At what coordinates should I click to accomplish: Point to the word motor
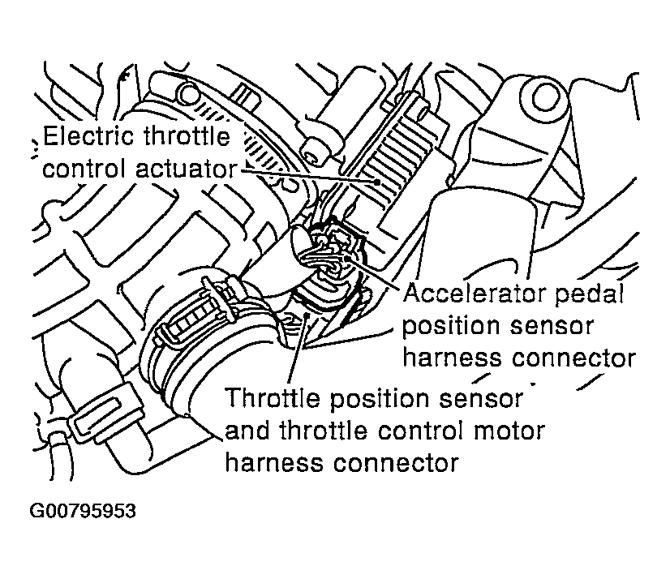pos(508,431)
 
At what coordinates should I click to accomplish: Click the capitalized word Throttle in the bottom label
pos(272,399)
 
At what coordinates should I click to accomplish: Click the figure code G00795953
pos(82,512)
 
